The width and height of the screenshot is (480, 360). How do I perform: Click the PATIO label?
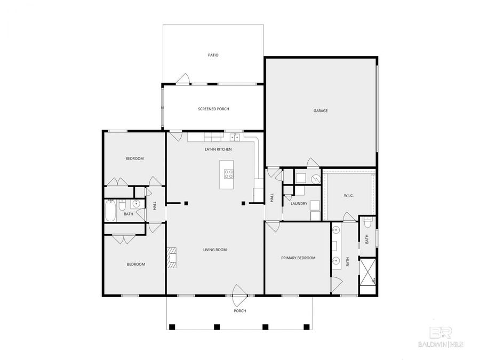click(x=213, y=55)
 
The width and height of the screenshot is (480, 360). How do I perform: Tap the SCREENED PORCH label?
click(x=213, y=109)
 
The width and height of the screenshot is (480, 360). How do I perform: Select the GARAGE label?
click(x=320, y=111)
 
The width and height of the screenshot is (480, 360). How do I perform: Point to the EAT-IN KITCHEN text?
click(x=218, y=149)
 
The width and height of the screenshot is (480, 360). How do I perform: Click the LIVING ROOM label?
click(x=215, y=250)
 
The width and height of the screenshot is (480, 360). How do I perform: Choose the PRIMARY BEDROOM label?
click(x=298, y=258)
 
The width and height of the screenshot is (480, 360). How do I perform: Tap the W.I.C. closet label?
click(x=349, y=195)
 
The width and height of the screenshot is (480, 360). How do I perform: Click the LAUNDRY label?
click(x=299, y=204)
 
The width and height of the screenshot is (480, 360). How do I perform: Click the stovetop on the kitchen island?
click(x=228, y=173)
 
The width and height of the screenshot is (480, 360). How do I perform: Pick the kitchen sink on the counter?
click(x=234, y=137)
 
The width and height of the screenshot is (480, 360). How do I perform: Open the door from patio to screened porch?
click(x=183, y=79)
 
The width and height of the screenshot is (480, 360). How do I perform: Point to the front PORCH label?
click(x=239, y=311)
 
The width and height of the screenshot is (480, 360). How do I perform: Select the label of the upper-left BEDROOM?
click(x=134, y=158)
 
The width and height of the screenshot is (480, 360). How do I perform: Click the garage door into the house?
click(x=313, y=163)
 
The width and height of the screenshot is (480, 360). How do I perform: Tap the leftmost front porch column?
click(x=172, y=327)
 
